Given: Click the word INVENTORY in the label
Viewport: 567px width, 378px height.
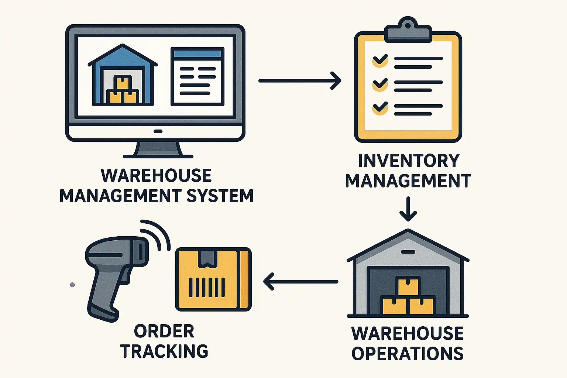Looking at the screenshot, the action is click(409, 161).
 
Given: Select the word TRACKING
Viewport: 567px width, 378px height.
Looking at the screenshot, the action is click(164, 351).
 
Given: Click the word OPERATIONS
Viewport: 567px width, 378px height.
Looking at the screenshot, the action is click(408, 353).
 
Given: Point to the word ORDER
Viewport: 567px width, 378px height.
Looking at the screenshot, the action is click(164, 331).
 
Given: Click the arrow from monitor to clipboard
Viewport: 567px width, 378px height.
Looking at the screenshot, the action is click(300, 81).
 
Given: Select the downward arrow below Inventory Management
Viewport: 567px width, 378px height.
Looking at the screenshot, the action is click(408, 209).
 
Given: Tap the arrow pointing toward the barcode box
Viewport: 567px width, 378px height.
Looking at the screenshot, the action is click(301, 282).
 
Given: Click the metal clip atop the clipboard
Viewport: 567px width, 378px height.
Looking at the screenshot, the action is click(408, 30).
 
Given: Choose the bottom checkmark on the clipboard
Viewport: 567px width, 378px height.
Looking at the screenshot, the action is click(380, 109).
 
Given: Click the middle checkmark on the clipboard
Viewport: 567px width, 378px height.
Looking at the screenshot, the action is click(380, 85).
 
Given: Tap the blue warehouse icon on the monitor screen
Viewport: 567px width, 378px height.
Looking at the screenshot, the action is click(123, 75).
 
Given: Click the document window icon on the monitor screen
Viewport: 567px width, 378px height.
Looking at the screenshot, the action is click(197, 76).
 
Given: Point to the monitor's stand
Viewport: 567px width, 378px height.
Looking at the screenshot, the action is click(158, 150).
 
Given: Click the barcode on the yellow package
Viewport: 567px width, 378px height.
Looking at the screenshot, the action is click(207, 287).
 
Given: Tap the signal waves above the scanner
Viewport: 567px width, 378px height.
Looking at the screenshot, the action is click(155, 235).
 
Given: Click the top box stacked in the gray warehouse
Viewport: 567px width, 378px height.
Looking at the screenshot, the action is click(408, 287).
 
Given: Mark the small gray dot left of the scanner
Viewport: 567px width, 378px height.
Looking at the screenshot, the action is click(72, 285).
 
